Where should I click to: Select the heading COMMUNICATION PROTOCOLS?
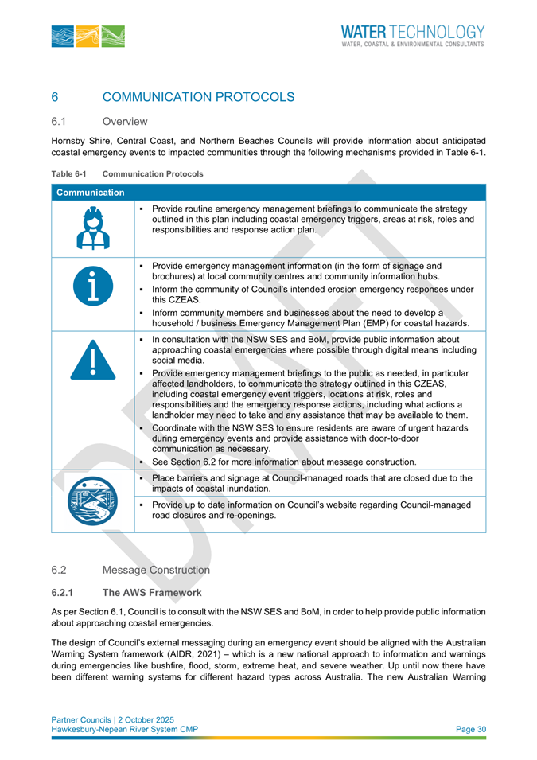(x=199, y=97)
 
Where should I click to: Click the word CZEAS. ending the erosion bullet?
(x=169, y=302)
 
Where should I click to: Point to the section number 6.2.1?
(x=64, y=593)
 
